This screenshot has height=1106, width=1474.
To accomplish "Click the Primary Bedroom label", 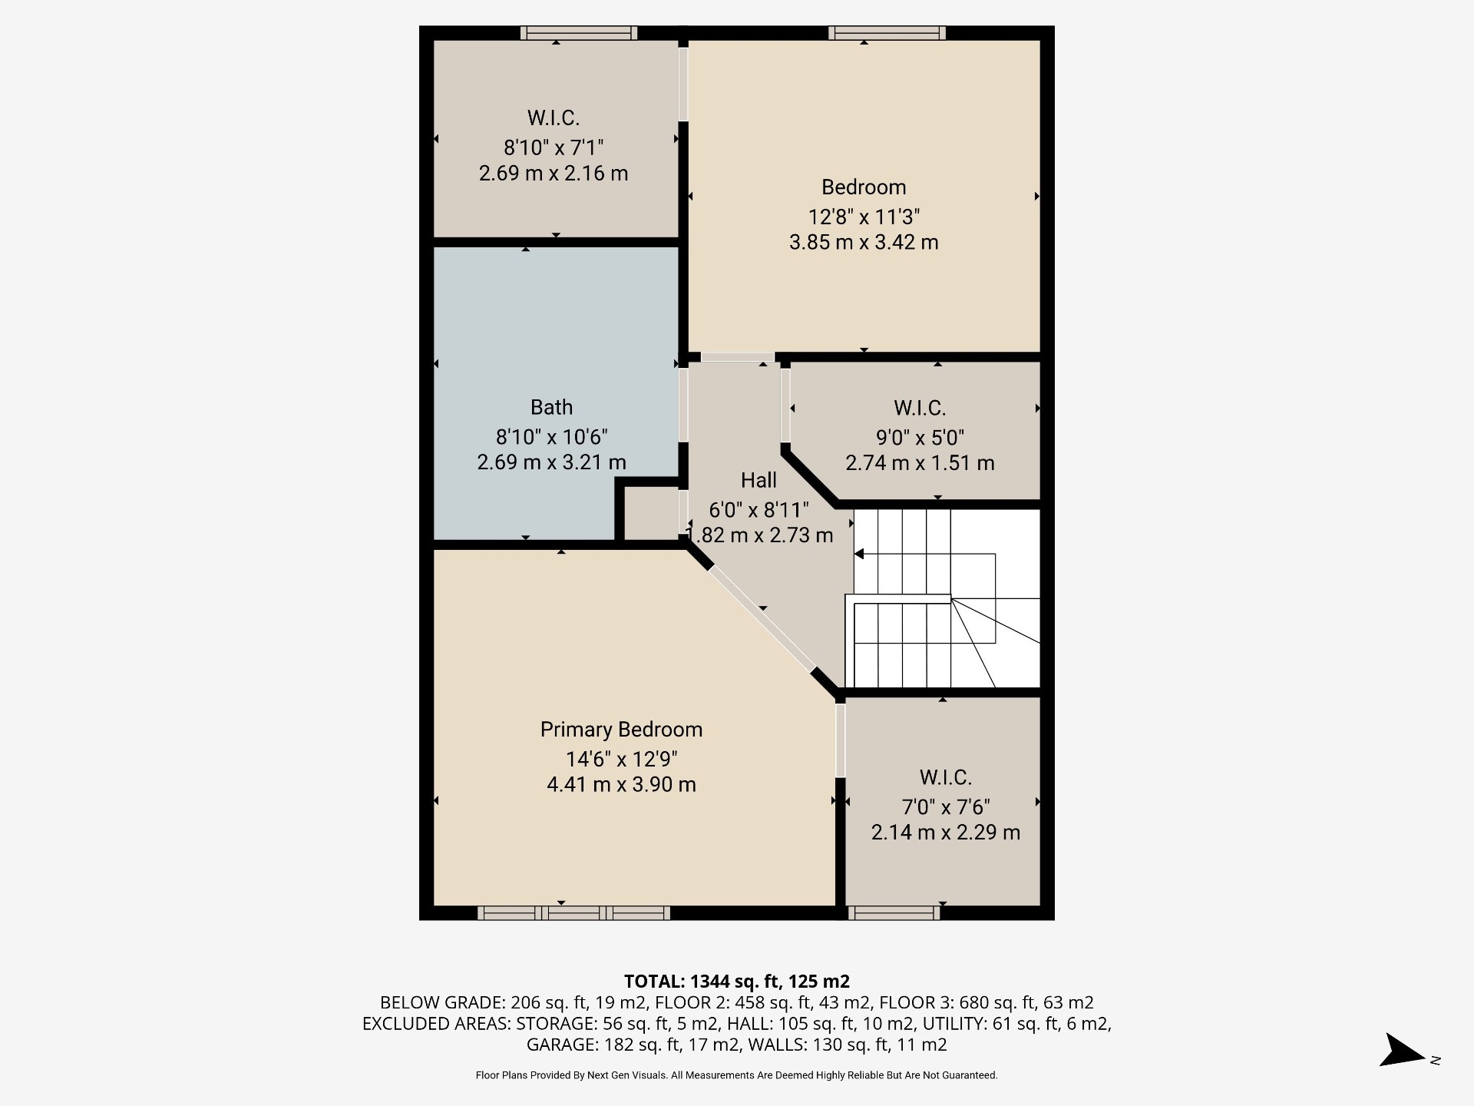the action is pos(621,730).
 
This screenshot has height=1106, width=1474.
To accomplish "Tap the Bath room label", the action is pos(551,407).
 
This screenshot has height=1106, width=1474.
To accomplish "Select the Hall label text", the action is pos(758,480).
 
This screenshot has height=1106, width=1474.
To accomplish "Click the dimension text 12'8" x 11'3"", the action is pos(864,217).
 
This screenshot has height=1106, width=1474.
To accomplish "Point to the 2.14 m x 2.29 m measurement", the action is pos(945,832).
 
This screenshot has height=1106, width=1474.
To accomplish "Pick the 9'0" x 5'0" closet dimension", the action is pos(920,437).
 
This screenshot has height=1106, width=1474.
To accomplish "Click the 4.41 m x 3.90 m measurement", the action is pos(621,784).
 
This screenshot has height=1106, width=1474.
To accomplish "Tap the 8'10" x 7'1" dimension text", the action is pos(554,147).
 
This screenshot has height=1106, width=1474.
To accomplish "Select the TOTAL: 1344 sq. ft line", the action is pos(736,981).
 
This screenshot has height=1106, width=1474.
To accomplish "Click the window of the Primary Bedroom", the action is pos(573,912).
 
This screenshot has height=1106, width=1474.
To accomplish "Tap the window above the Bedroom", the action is pos(887,33).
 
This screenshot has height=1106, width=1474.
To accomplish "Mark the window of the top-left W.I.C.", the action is pos(579,33).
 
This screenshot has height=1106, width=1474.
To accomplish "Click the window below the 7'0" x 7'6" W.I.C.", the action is pos(894,912).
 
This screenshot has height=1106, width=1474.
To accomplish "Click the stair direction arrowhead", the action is pos(859,554).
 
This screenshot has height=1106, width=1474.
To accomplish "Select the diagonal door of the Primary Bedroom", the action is pos(762,619).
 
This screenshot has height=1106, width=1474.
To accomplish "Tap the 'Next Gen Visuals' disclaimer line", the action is pos(736,1075).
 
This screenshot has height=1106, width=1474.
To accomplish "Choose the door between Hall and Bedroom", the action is pos(737,357).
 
